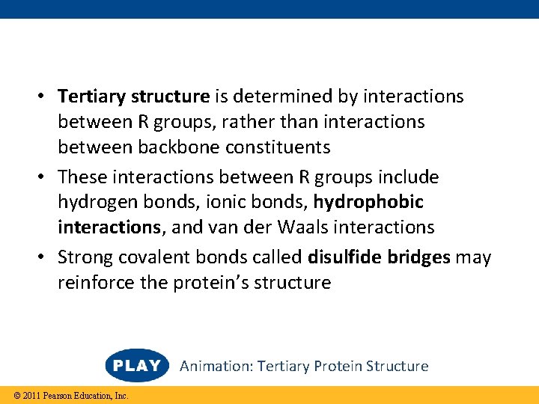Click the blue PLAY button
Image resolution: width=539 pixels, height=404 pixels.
(137, 366)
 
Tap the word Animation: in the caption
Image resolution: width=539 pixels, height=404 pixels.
(216, 366)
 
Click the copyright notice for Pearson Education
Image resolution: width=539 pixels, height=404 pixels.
(66, 395)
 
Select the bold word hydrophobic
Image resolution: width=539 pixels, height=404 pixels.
(368, 202)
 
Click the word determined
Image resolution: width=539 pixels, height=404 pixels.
(285, 97)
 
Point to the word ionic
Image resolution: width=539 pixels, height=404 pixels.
(200, 202)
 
